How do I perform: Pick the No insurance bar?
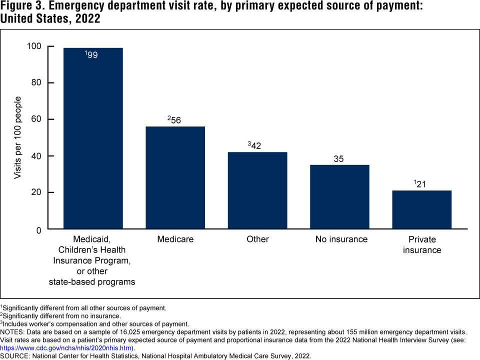339,197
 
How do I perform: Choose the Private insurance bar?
422,210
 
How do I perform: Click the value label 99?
92,55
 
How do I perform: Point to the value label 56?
175,120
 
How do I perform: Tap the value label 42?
256,145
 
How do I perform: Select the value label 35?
339,159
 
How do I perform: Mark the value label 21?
421,184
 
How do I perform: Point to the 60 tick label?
36,119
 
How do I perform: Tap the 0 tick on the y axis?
39,229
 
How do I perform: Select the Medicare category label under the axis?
175,239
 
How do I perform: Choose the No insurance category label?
341,239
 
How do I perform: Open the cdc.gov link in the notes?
59,348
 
